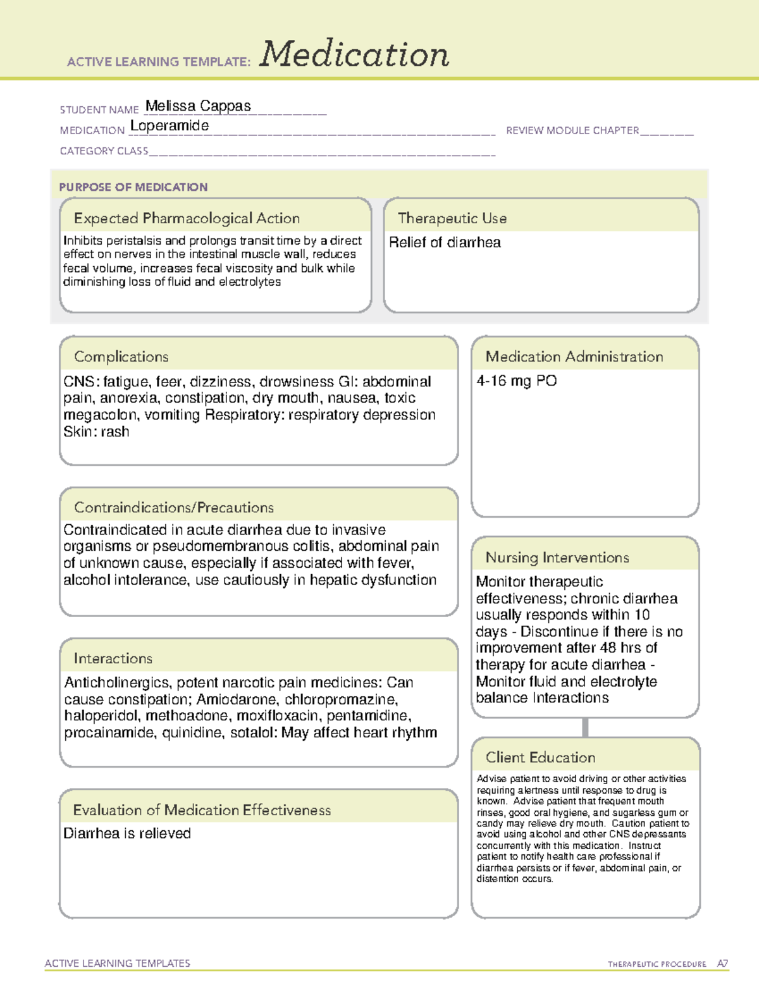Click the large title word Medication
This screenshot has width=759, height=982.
tap(354, 54)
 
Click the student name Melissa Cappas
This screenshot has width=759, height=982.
tap(198, 106)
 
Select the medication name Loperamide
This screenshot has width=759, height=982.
tap(170, 126)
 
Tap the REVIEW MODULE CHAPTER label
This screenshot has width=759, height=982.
tap(572, 130)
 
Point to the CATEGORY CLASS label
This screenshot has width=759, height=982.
tap(104, 151)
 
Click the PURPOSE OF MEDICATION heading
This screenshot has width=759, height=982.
tap(133, 187)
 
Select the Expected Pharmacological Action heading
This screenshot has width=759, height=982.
tap(187, 218)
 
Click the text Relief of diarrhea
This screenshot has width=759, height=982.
tap(445, 243)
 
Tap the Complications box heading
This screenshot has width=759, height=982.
tap(121, 357)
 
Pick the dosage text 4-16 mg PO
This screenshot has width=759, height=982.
tap(517, 381)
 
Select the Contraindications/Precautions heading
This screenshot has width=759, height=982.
tap(174, 507)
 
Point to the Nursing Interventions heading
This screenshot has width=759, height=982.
tap(557, 557)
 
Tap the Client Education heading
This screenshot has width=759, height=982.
tap(540, 757)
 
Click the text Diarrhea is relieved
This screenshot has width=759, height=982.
tap(127, 833)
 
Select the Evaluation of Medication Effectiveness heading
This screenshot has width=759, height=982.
tap(202, 810)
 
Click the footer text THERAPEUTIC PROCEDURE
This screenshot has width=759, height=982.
tap(657, 964)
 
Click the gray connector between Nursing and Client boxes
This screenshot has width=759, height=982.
tap(585, 727)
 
